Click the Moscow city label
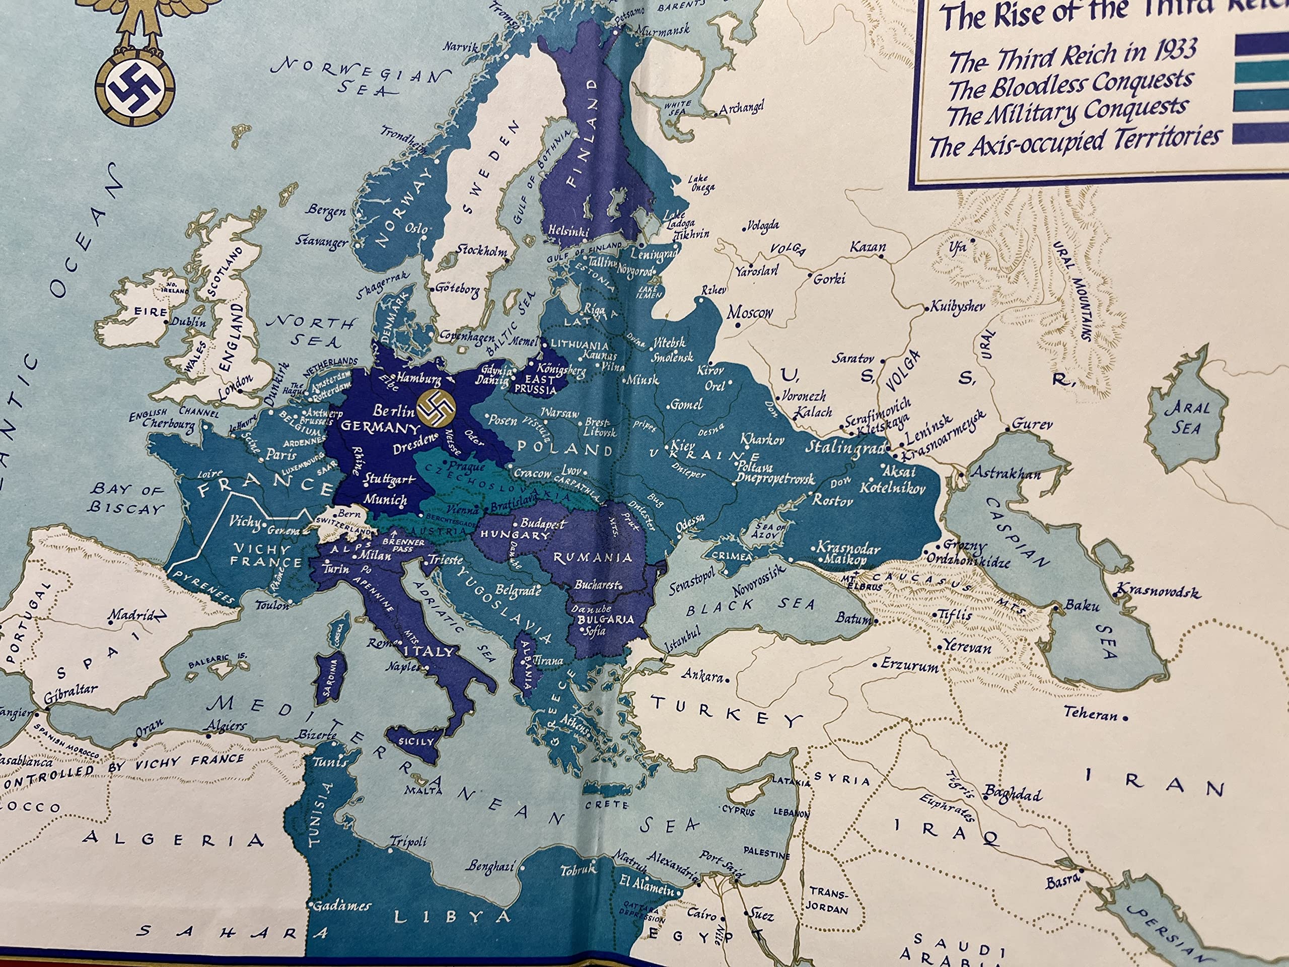tap(749, 313)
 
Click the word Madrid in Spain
tap(133, 615)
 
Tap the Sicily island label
tap(416, 741)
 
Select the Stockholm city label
tap(481, 251)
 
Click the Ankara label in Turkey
tap(702, 676)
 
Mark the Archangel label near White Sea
tap(741, 109)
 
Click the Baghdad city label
tap(1013, 794)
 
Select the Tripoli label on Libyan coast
tap(408, 842)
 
